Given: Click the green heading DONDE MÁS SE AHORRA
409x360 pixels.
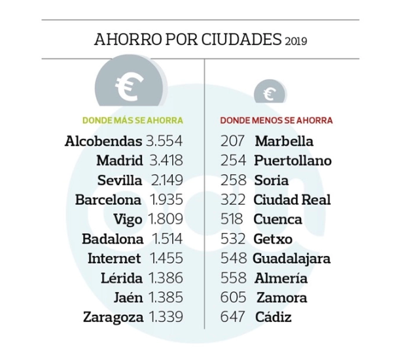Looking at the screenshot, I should (x=132, y=121).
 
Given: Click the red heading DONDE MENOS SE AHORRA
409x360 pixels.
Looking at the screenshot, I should (x=276, y=121).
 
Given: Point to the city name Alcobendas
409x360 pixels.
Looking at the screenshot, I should (x=103, y=141).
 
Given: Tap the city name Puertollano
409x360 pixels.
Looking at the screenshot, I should (x=293, y=161).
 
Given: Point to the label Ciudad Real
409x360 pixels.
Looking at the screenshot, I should (x=293, y=200).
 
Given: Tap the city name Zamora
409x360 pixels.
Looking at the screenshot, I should (x=281, y=298).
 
